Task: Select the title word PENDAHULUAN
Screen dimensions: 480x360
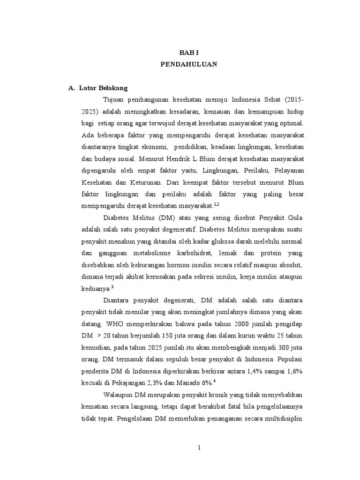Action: [189, 65]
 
